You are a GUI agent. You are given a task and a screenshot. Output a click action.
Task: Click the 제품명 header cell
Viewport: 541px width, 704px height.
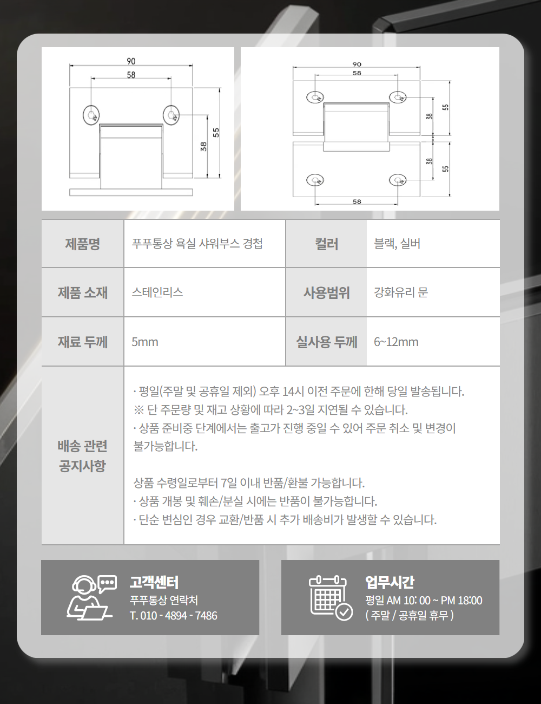pyautogui.click(x=83, y=244)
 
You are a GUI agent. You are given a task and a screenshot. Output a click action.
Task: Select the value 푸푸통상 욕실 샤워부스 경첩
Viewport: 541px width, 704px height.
pyautogui.click(x=197, y=244)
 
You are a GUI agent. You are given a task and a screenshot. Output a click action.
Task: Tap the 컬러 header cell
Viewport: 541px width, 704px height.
pyautogui.click(x=326, y=244)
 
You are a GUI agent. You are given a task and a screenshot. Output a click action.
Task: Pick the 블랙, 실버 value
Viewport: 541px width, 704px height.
pyautogui.click(x=397, y=244)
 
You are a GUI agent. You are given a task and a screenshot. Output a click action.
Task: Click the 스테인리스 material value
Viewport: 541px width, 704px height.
pyautogui.click(x=157, y=292)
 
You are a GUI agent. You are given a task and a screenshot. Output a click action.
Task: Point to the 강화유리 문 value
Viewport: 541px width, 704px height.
pyautogui.click(x=401, y=292)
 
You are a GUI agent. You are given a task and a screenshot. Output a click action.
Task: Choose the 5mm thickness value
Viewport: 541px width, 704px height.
pyautogui.click(x=145, y=342)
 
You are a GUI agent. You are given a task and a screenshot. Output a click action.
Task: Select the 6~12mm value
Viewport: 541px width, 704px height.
pyautogui.click(x=396, y=342)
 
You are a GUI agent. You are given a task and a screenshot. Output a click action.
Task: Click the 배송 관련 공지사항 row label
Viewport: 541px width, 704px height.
pyautogui.click(x=83, y=456)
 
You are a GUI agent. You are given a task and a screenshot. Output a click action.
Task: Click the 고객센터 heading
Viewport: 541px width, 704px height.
pyautogui.click(x=154, y=582)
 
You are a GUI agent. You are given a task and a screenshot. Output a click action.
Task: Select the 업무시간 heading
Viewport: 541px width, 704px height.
pyautogui.click(x=390, y=582)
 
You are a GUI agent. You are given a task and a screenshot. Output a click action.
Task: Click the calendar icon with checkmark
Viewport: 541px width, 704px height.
pyautogui.click(x=331, y=598)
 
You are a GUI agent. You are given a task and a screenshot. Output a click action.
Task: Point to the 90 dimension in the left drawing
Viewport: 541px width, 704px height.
pyautogui.click(x=131, y=61)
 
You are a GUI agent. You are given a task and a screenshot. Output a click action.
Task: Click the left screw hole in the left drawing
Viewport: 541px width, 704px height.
pyautogui.click(x=91, y=115)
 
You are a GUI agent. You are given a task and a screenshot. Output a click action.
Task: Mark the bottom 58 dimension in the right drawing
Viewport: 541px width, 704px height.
pyautogui.click(x=357, y=201)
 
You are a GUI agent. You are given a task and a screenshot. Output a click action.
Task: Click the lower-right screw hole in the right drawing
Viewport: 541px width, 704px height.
pyautogui.click(x=398, y=180)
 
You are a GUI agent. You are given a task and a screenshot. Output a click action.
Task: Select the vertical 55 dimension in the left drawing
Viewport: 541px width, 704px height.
pyautogui.click(x=216, y=132)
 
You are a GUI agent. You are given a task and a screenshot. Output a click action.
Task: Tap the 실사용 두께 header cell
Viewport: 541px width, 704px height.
pyautogui.click(x=326, y=342)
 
